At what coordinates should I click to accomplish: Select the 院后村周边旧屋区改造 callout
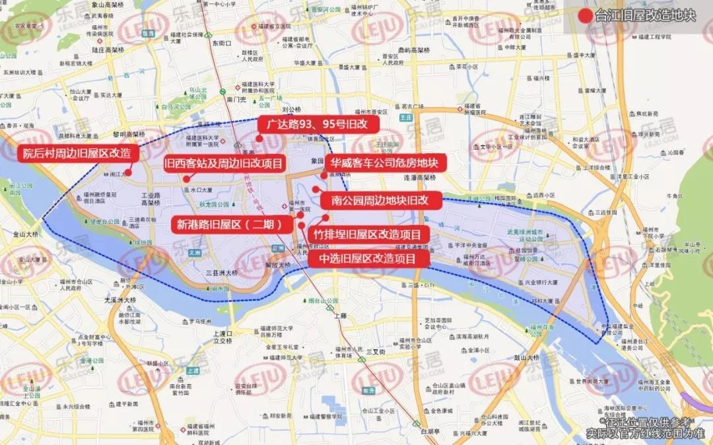click(77, 153)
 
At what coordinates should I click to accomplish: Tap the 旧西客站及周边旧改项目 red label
click(224, 163)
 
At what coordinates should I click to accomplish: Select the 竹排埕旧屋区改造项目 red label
click(368, 234)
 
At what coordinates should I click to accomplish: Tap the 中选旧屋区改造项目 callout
click(368, 258)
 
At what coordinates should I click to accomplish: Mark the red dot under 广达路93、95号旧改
click(260, 139)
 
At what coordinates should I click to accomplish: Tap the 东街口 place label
click(222, 43)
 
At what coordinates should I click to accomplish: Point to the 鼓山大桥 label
click(525, 357)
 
